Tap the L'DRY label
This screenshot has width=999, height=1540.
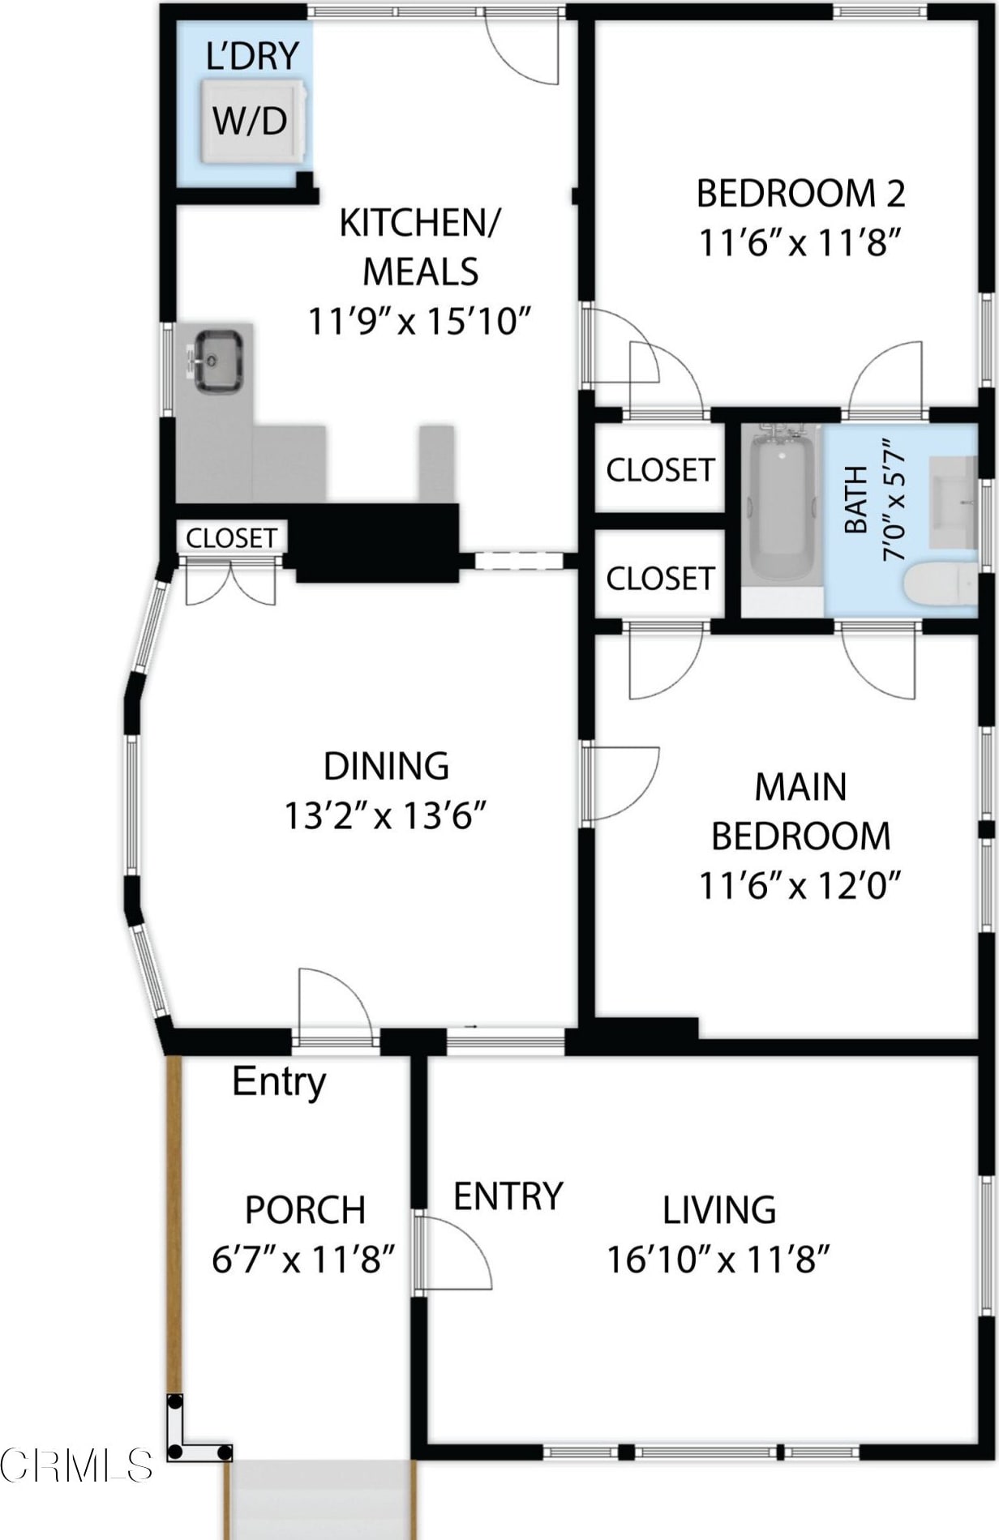pos(253,57)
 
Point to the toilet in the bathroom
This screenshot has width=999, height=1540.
pos(941,584)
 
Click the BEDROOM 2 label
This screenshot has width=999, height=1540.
pos(800,194)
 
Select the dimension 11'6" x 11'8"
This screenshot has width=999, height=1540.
pos(800,242)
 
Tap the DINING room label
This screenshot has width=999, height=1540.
pos(386,766)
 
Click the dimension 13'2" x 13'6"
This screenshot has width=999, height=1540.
pos(384,815)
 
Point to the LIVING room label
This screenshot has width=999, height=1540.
pos(719,1210)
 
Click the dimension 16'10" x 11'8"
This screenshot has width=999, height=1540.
pos(719,1260)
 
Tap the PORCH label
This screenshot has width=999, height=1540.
pos(305,1210)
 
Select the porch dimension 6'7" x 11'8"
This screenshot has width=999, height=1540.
pos(303,1260)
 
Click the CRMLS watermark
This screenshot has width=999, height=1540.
pos(76,1465)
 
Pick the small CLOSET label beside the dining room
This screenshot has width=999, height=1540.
pos(231,538)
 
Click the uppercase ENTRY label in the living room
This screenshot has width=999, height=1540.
pos(508,1197)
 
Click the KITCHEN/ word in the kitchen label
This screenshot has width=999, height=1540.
pos(420,224)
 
